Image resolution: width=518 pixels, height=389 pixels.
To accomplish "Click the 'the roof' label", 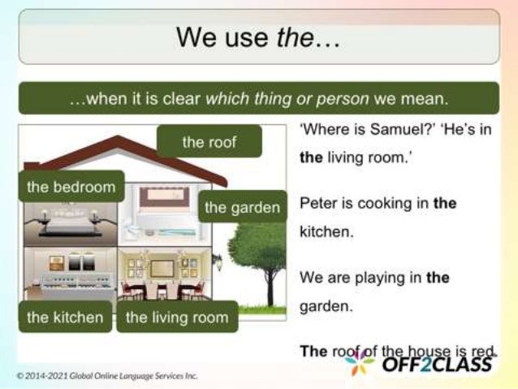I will click(x=209, y=142).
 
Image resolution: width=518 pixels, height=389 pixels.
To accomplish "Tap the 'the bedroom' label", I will click(x=71, y=187).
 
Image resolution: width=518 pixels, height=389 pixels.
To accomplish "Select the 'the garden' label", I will click(x=242, y=207).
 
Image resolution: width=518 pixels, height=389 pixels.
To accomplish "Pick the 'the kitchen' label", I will click(x=65, y=317).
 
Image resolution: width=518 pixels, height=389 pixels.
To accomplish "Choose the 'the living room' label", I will click(x=177, y=317).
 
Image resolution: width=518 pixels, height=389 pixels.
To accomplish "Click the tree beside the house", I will click(x=259, y=252).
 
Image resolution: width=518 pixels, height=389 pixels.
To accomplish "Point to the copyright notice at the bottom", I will click(x=106, y=376).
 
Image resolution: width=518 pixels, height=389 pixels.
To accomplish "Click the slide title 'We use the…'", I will click(x=259, y=37).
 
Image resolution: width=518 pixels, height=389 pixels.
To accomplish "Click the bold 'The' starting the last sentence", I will click(x=313, y=351).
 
